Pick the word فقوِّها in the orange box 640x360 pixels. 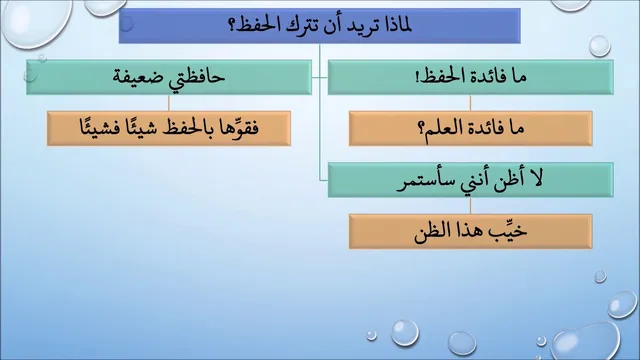point(240,127)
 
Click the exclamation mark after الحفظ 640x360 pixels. point(417,77)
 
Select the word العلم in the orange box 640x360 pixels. point(445,128)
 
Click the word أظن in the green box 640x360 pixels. point(507,180)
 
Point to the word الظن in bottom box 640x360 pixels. point(430,232)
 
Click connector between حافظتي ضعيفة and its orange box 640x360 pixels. point(169,103)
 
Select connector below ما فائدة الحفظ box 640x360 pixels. point(470,103)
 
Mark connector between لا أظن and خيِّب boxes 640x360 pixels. point(470,206)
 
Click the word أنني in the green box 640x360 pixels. point(470,181)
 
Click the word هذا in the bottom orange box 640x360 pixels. point(469,231)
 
